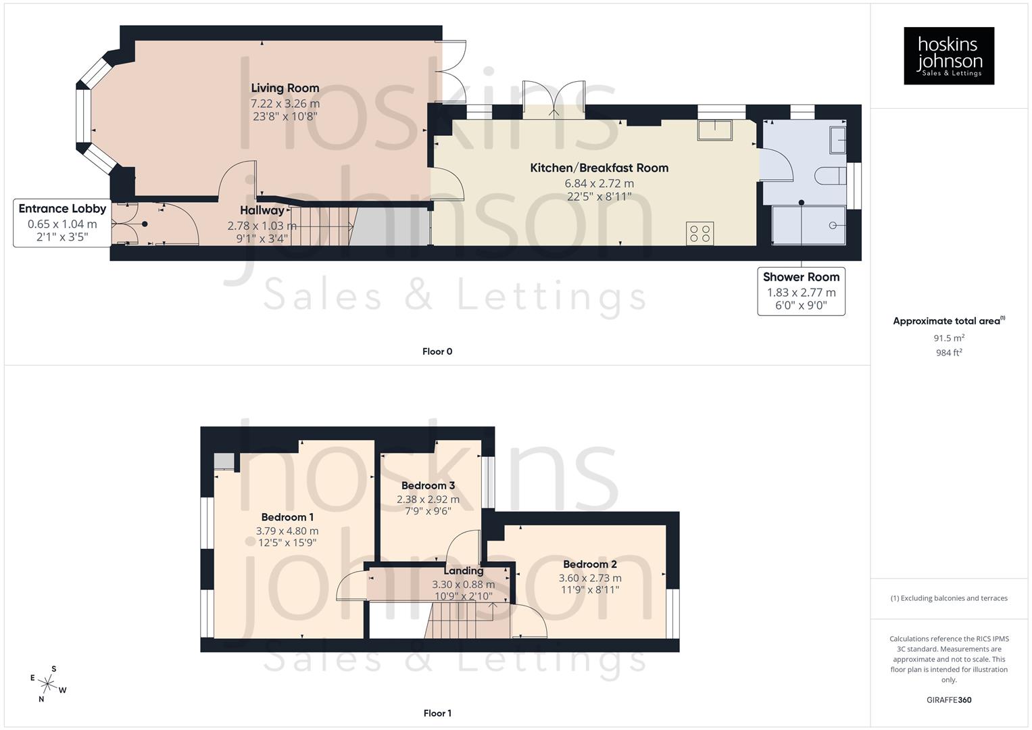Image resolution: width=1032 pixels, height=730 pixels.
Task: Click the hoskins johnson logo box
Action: pyautogui.click(x=948, y=55)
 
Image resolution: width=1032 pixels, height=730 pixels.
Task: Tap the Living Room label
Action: pyautogui.click(x=285, y=88)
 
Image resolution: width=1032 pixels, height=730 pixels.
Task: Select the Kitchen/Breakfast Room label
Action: pyautogui.click(x=599, y=168)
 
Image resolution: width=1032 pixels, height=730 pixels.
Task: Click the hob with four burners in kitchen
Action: pyautogui.click(x=699, y=234)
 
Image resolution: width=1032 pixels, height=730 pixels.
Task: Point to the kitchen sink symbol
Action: pyautogui.click(x=715, y=130)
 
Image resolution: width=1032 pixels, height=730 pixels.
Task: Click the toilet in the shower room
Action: pyautogui.click(x=831, y=176)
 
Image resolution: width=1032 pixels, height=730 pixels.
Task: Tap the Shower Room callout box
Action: pyautogui.click(x=801, y=291)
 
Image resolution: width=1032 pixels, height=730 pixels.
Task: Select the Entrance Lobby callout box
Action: pyautogui.click(x=62, y=222)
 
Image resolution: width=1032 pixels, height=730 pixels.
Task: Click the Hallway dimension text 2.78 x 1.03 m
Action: pyautogui.click(x=262, y=226)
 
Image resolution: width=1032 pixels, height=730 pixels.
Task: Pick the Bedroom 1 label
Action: pyautogui.click(x=287, y=517)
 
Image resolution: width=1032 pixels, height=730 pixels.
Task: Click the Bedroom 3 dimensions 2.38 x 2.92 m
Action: pyautogui.click(x=428, y=500)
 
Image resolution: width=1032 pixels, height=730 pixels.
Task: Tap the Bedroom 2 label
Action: pyautogui.click(x=589, y=564)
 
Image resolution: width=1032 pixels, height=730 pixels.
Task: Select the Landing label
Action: pyautogui.click(x=463, y=571)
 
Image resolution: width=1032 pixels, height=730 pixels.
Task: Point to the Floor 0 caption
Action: pyautogui.click(x=437, y=351)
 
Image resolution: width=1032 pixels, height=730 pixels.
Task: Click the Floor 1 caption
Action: pyautogui.click(x=437, y=713)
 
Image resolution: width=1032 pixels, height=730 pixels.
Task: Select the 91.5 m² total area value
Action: pyautogui.click(x=949, y=338)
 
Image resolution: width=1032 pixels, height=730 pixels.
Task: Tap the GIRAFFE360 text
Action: pyautogui.click(x=949, y=700)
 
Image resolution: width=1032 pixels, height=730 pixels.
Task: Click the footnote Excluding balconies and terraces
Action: pyautogui.click(x=949, y=598)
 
